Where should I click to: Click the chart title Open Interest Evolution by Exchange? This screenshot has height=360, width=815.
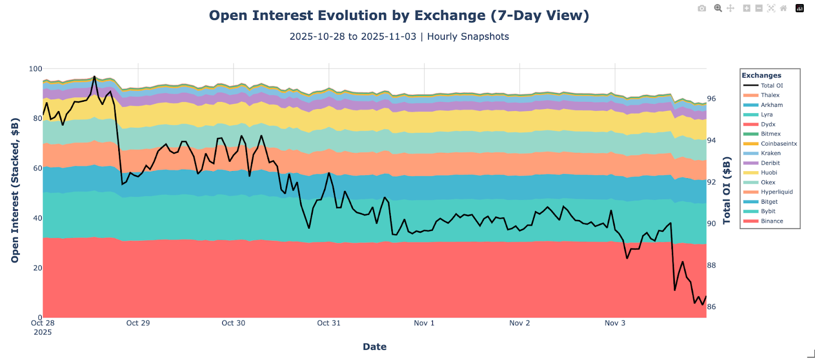coord(399,15)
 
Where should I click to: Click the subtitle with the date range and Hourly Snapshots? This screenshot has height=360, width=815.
coord(399,37)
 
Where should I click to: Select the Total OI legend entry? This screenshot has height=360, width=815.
coord(771,86)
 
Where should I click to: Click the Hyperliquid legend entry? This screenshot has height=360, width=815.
coord(776,192)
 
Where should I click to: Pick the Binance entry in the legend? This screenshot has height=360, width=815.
coord(772,221)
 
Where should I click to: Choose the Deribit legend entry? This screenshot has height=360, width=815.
coord(770,163)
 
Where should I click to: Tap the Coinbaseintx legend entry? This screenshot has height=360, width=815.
coord(778,144)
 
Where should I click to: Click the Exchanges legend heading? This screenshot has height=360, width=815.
coord(761,75)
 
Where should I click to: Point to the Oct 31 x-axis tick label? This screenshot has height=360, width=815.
coord(329,323)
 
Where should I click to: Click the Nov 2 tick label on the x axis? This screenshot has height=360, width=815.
coord(520,323)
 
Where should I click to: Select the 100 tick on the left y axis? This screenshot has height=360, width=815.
coord(36,69)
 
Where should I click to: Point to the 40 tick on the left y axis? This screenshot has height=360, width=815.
coord(38,218)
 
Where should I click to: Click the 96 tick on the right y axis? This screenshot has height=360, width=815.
coord(711,99)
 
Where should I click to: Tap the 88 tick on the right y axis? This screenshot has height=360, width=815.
coord(711,265)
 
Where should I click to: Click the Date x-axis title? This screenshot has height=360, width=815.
coord(374,347)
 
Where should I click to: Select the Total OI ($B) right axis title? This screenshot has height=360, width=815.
coord(727,190)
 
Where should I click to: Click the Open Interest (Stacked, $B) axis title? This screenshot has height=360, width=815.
coord(15,190)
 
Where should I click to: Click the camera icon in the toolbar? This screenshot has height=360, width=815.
coord(702,8)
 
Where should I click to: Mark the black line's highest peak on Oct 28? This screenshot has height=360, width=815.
coord(95,76)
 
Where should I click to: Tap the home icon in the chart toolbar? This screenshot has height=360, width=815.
coord(783,8)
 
